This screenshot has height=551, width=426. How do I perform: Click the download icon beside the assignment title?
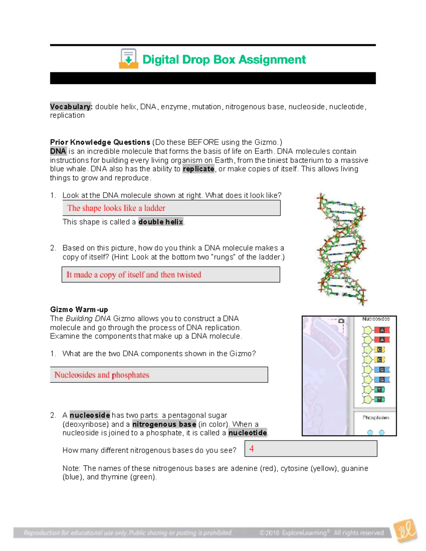128,59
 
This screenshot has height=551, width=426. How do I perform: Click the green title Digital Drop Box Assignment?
224,60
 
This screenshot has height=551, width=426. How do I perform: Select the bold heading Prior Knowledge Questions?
100,142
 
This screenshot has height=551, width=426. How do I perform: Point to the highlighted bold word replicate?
198,169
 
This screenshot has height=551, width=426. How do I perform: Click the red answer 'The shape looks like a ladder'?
116,208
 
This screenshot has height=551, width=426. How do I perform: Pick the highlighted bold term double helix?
160,222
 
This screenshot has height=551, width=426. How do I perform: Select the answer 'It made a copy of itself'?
133,275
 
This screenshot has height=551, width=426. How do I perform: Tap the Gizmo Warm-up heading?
79,309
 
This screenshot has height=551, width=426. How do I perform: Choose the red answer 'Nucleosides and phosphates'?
102,375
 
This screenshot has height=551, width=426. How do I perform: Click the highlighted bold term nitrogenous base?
164,424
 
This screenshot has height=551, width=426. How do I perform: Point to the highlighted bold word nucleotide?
247,433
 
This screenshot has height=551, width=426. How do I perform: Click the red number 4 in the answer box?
251,449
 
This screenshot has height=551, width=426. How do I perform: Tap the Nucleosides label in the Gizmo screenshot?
376,319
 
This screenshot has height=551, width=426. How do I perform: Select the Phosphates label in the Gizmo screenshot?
376,418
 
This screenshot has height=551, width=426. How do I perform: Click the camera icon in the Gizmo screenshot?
341,321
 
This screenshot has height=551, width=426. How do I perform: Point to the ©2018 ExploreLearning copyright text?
321,533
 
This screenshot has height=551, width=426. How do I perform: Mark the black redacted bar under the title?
213,78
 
